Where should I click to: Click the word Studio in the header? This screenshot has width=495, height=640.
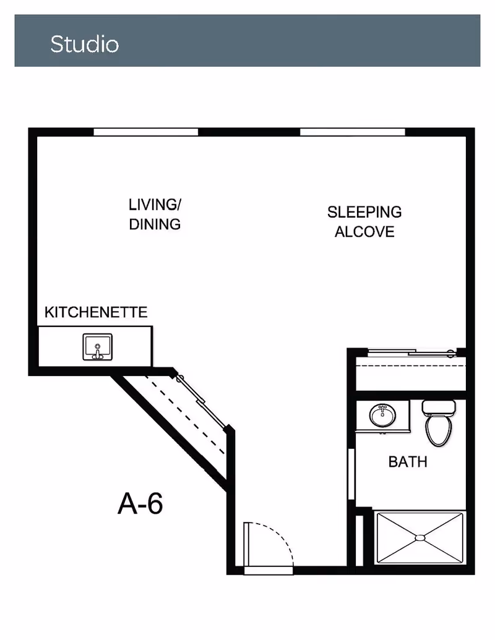point(85,44)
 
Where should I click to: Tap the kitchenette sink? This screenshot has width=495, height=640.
point(98,347)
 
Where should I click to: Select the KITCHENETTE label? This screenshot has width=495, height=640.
point(96,312)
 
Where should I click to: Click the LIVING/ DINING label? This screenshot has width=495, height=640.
point(155,215)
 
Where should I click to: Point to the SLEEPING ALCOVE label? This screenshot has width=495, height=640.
point(364,221)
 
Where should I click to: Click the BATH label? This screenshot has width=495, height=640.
point(408,462)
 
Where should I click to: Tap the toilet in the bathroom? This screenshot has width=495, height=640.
point(439,423)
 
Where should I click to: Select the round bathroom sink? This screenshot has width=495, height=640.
point(382,416)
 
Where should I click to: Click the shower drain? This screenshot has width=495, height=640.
point(420,538)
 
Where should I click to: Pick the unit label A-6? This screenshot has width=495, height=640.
point(140,503)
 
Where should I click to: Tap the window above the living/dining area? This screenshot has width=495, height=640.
point(146,132)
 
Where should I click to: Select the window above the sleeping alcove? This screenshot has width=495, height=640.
point(353,132)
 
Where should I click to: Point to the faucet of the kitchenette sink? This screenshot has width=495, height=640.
point(98,351)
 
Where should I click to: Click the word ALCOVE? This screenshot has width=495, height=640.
point(364,232)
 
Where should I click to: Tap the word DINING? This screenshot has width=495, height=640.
point(155,224)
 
